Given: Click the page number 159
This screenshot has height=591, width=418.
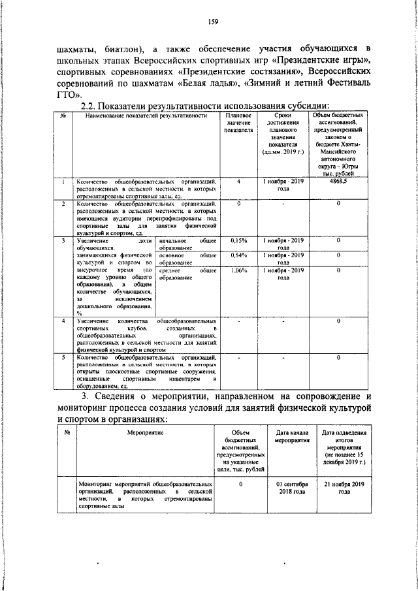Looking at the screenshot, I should point(212,22).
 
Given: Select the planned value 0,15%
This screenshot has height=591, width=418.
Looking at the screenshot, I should point(239,240).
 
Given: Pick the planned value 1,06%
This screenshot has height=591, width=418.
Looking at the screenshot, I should point(239,270).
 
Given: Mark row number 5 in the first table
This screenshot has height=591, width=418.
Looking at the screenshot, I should point(63,357).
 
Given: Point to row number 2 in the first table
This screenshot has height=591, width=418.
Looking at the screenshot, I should point(63,204).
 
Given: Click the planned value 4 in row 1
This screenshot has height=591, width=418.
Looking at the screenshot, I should point(239,181).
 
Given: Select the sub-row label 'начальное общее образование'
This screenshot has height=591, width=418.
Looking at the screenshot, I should point(187,244).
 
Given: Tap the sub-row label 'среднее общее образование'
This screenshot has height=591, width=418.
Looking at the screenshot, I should point(187,274).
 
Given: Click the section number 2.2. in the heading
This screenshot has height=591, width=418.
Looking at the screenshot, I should point(91,106).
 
